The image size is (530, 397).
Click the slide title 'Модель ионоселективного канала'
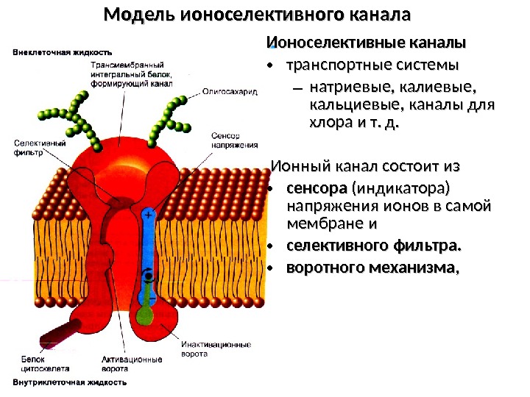point(257,15)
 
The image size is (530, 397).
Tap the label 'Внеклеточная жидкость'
point(63,52)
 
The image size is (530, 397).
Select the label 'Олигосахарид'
point(229,93)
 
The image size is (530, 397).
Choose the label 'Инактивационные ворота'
point(216,349)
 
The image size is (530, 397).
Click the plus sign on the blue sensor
point(149,215)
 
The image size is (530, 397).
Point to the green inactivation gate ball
point(147,315)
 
